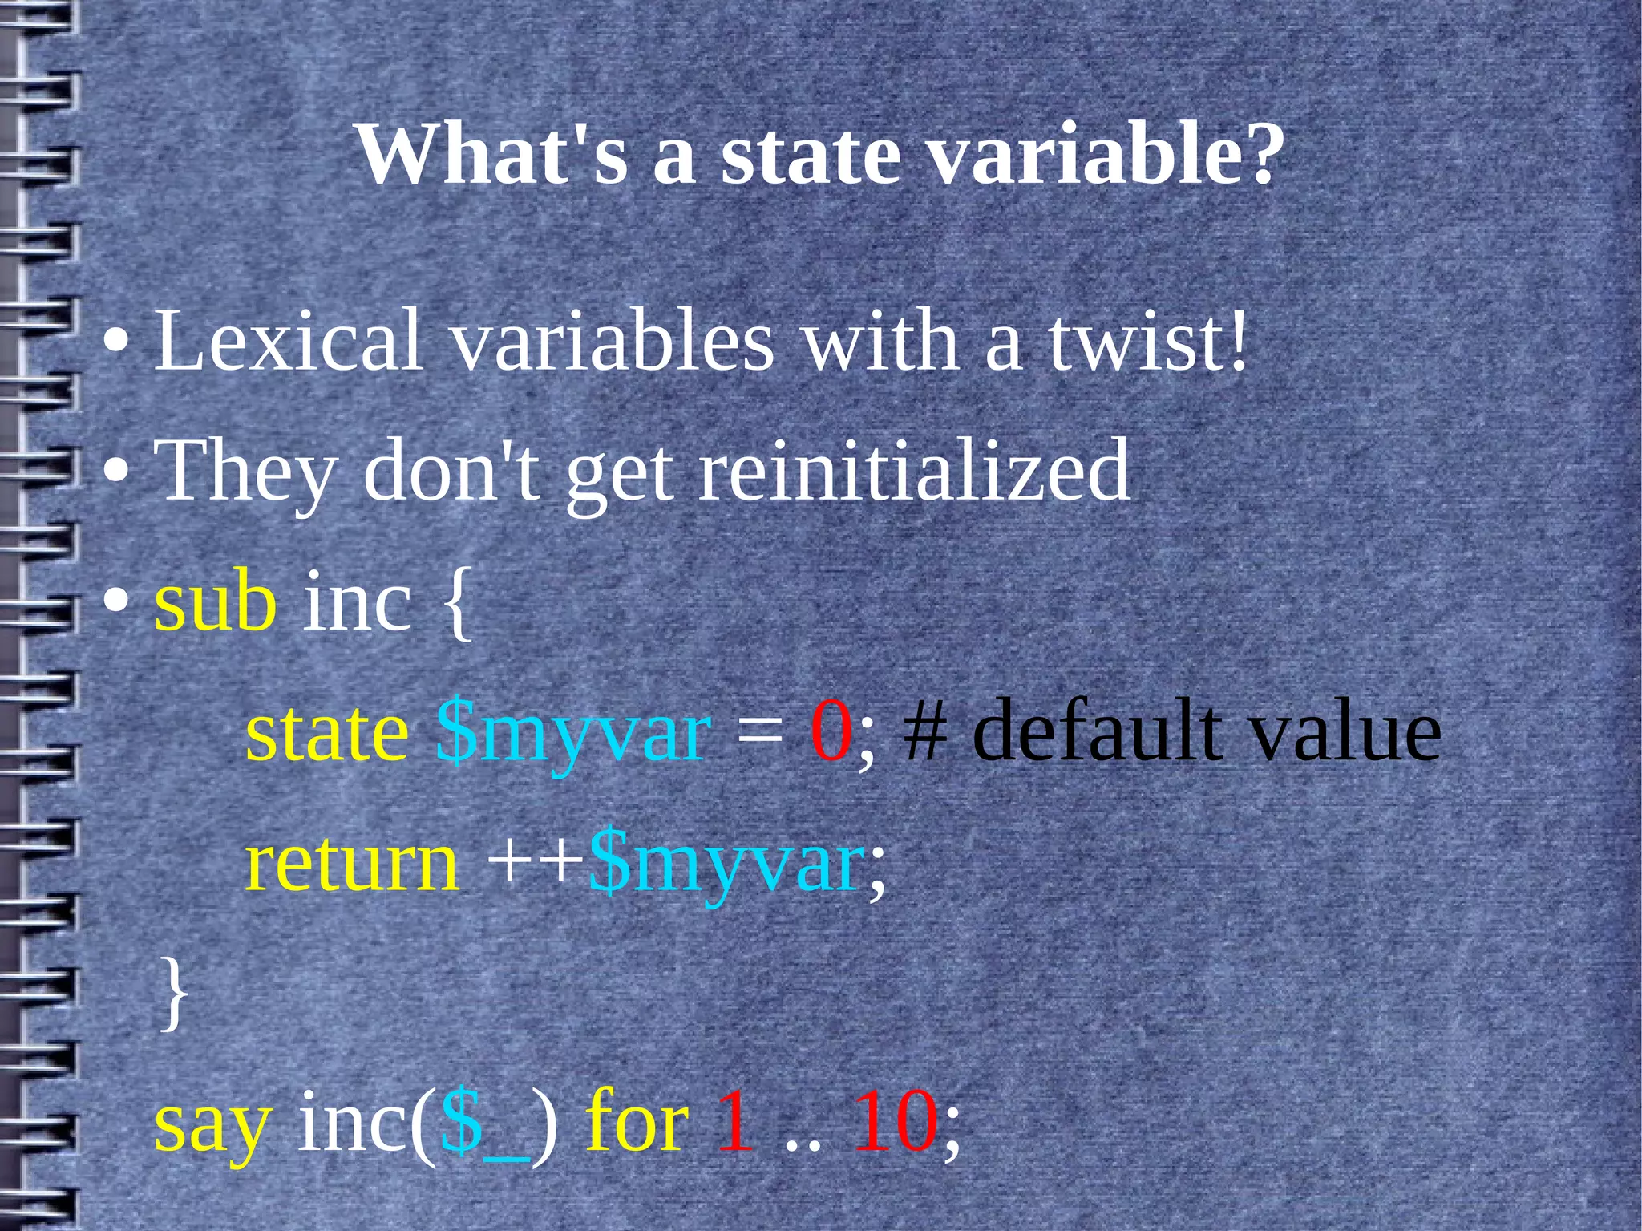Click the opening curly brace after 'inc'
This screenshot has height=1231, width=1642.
455,603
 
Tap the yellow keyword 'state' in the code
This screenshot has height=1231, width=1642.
326,731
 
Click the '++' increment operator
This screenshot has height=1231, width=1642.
536,863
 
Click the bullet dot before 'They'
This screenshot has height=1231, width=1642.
116,473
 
